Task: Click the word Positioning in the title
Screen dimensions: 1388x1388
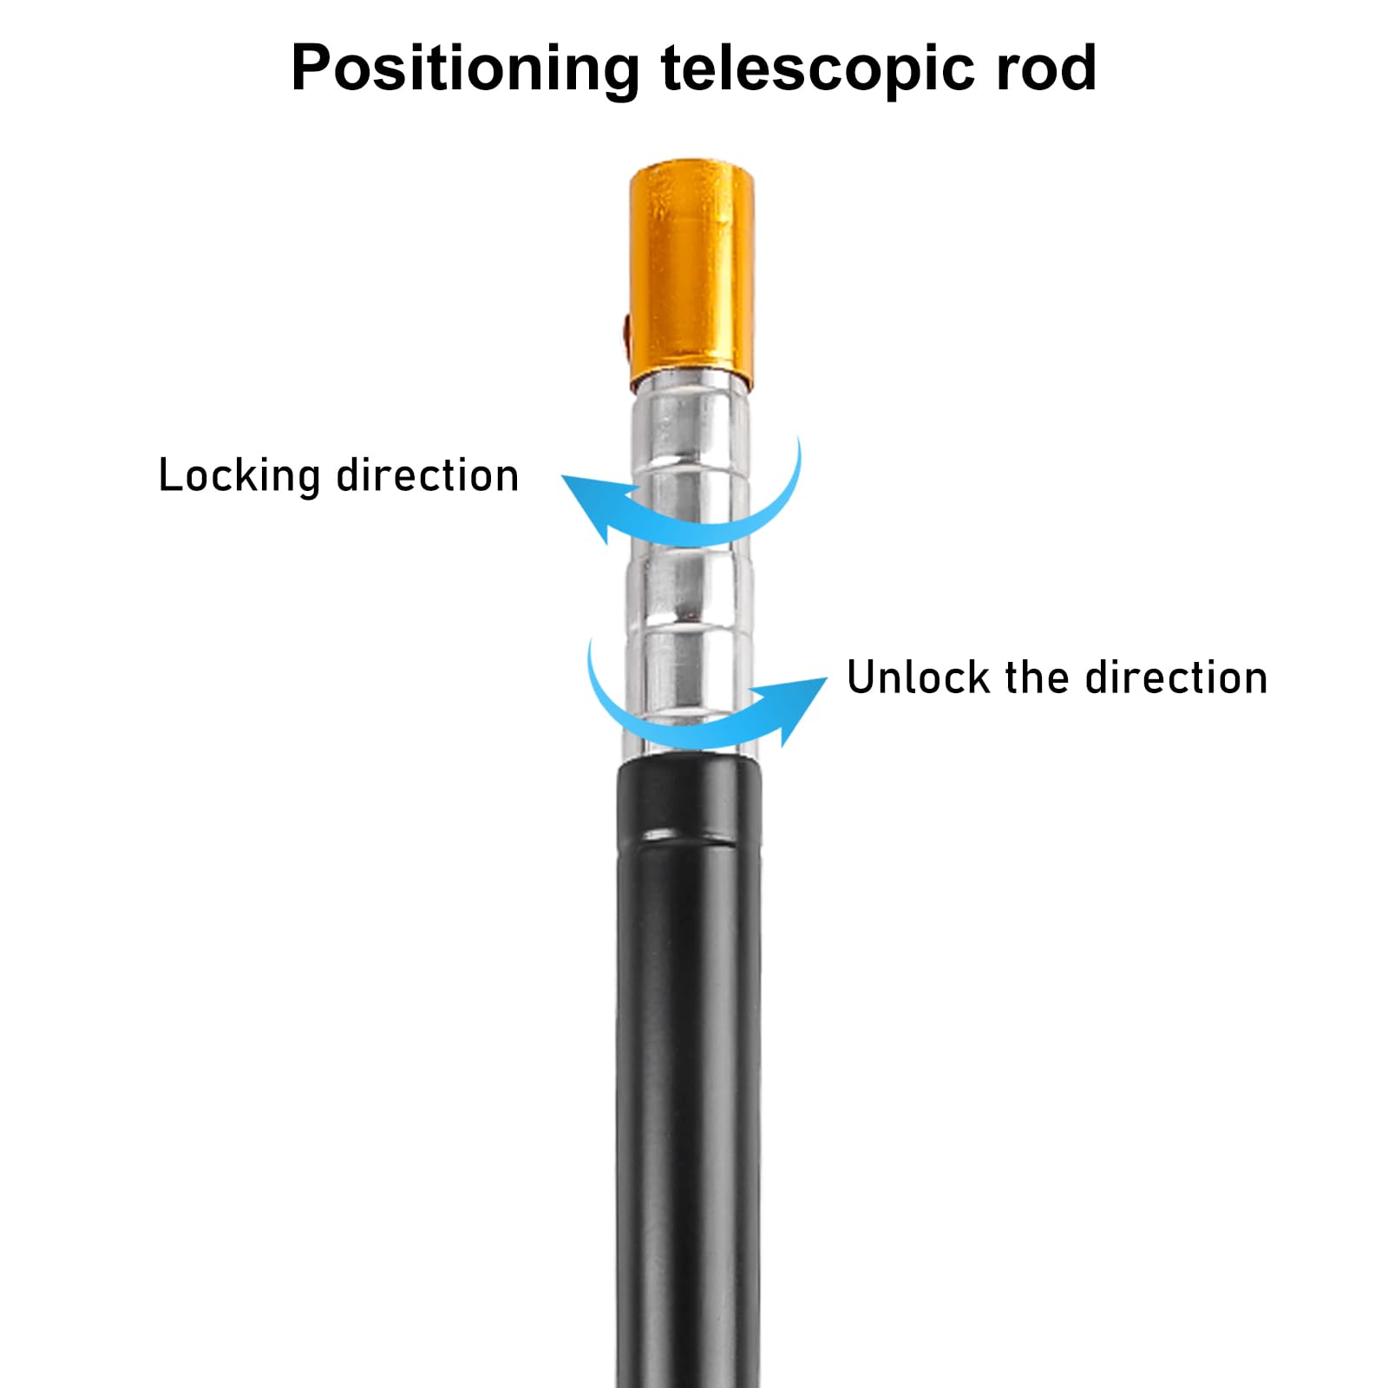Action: [x=465, y=69]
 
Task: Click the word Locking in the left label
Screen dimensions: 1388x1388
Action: [x=239, y=477]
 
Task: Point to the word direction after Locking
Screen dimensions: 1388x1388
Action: [x=427, y=475]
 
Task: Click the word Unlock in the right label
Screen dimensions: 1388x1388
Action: [x=918, y=678]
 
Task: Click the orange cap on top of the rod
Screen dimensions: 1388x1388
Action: [x=691, y=269]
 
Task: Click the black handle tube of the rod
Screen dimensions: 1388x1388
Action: [x=690, y=1084]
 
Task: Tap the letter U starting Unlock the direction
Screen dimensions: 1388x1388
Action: [x=863, y=678]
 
